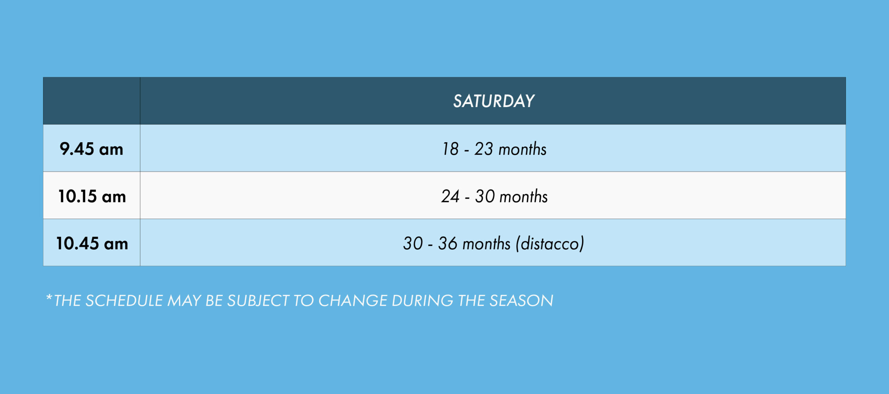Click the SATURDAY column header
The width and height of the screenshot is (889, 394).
coord(493,101)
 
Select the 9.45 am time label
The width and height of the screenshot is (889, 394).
coord(91,149)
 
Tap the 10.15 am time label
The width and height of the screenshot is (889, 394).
coord(92,196)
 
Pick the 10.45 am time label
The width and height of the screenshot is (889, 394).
coord(92,243)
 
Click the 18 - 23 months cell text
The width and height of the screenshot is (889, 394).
coord(494,149)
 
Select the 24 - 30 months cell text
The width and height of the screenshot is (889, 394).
coord(494,196)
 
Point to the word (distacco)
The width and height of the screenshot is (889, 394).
coord(550,243)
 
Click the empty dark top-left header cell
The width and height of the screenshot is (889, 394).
coord(92,101)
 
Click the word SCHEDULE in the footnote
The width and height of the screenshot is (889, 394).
coord(124,301)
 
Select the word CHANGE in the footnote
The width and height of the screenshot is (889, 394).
coord(352,301)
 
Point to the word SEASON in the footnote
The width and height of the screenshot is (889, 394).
coord(521,301)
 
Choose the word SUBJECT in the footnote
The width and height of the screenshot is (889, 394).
coord(258,301)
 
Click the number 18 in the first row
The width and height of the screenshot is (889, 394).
coord(450,149)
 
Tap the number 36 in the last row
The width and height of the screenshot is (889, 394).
coord(448,243)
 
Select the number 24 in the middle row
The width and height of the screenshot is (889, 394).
coord(450,196)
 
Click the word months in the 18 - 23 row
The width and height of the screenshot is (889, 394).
coord(522,149)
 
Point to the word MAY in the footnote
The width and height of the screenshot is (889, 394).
coord(184,301)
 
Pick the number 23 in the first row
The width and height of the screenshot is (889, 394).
coord(484,149)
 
